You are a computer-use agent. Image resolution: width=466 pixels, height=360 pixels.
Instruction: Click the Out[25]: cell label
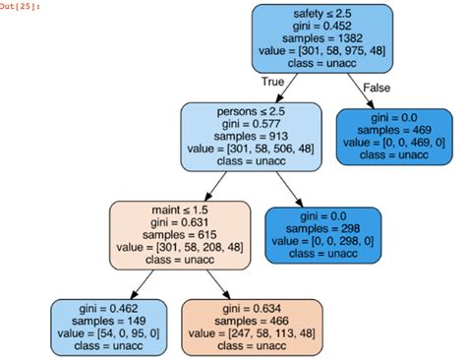click(x=23, y=6)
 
